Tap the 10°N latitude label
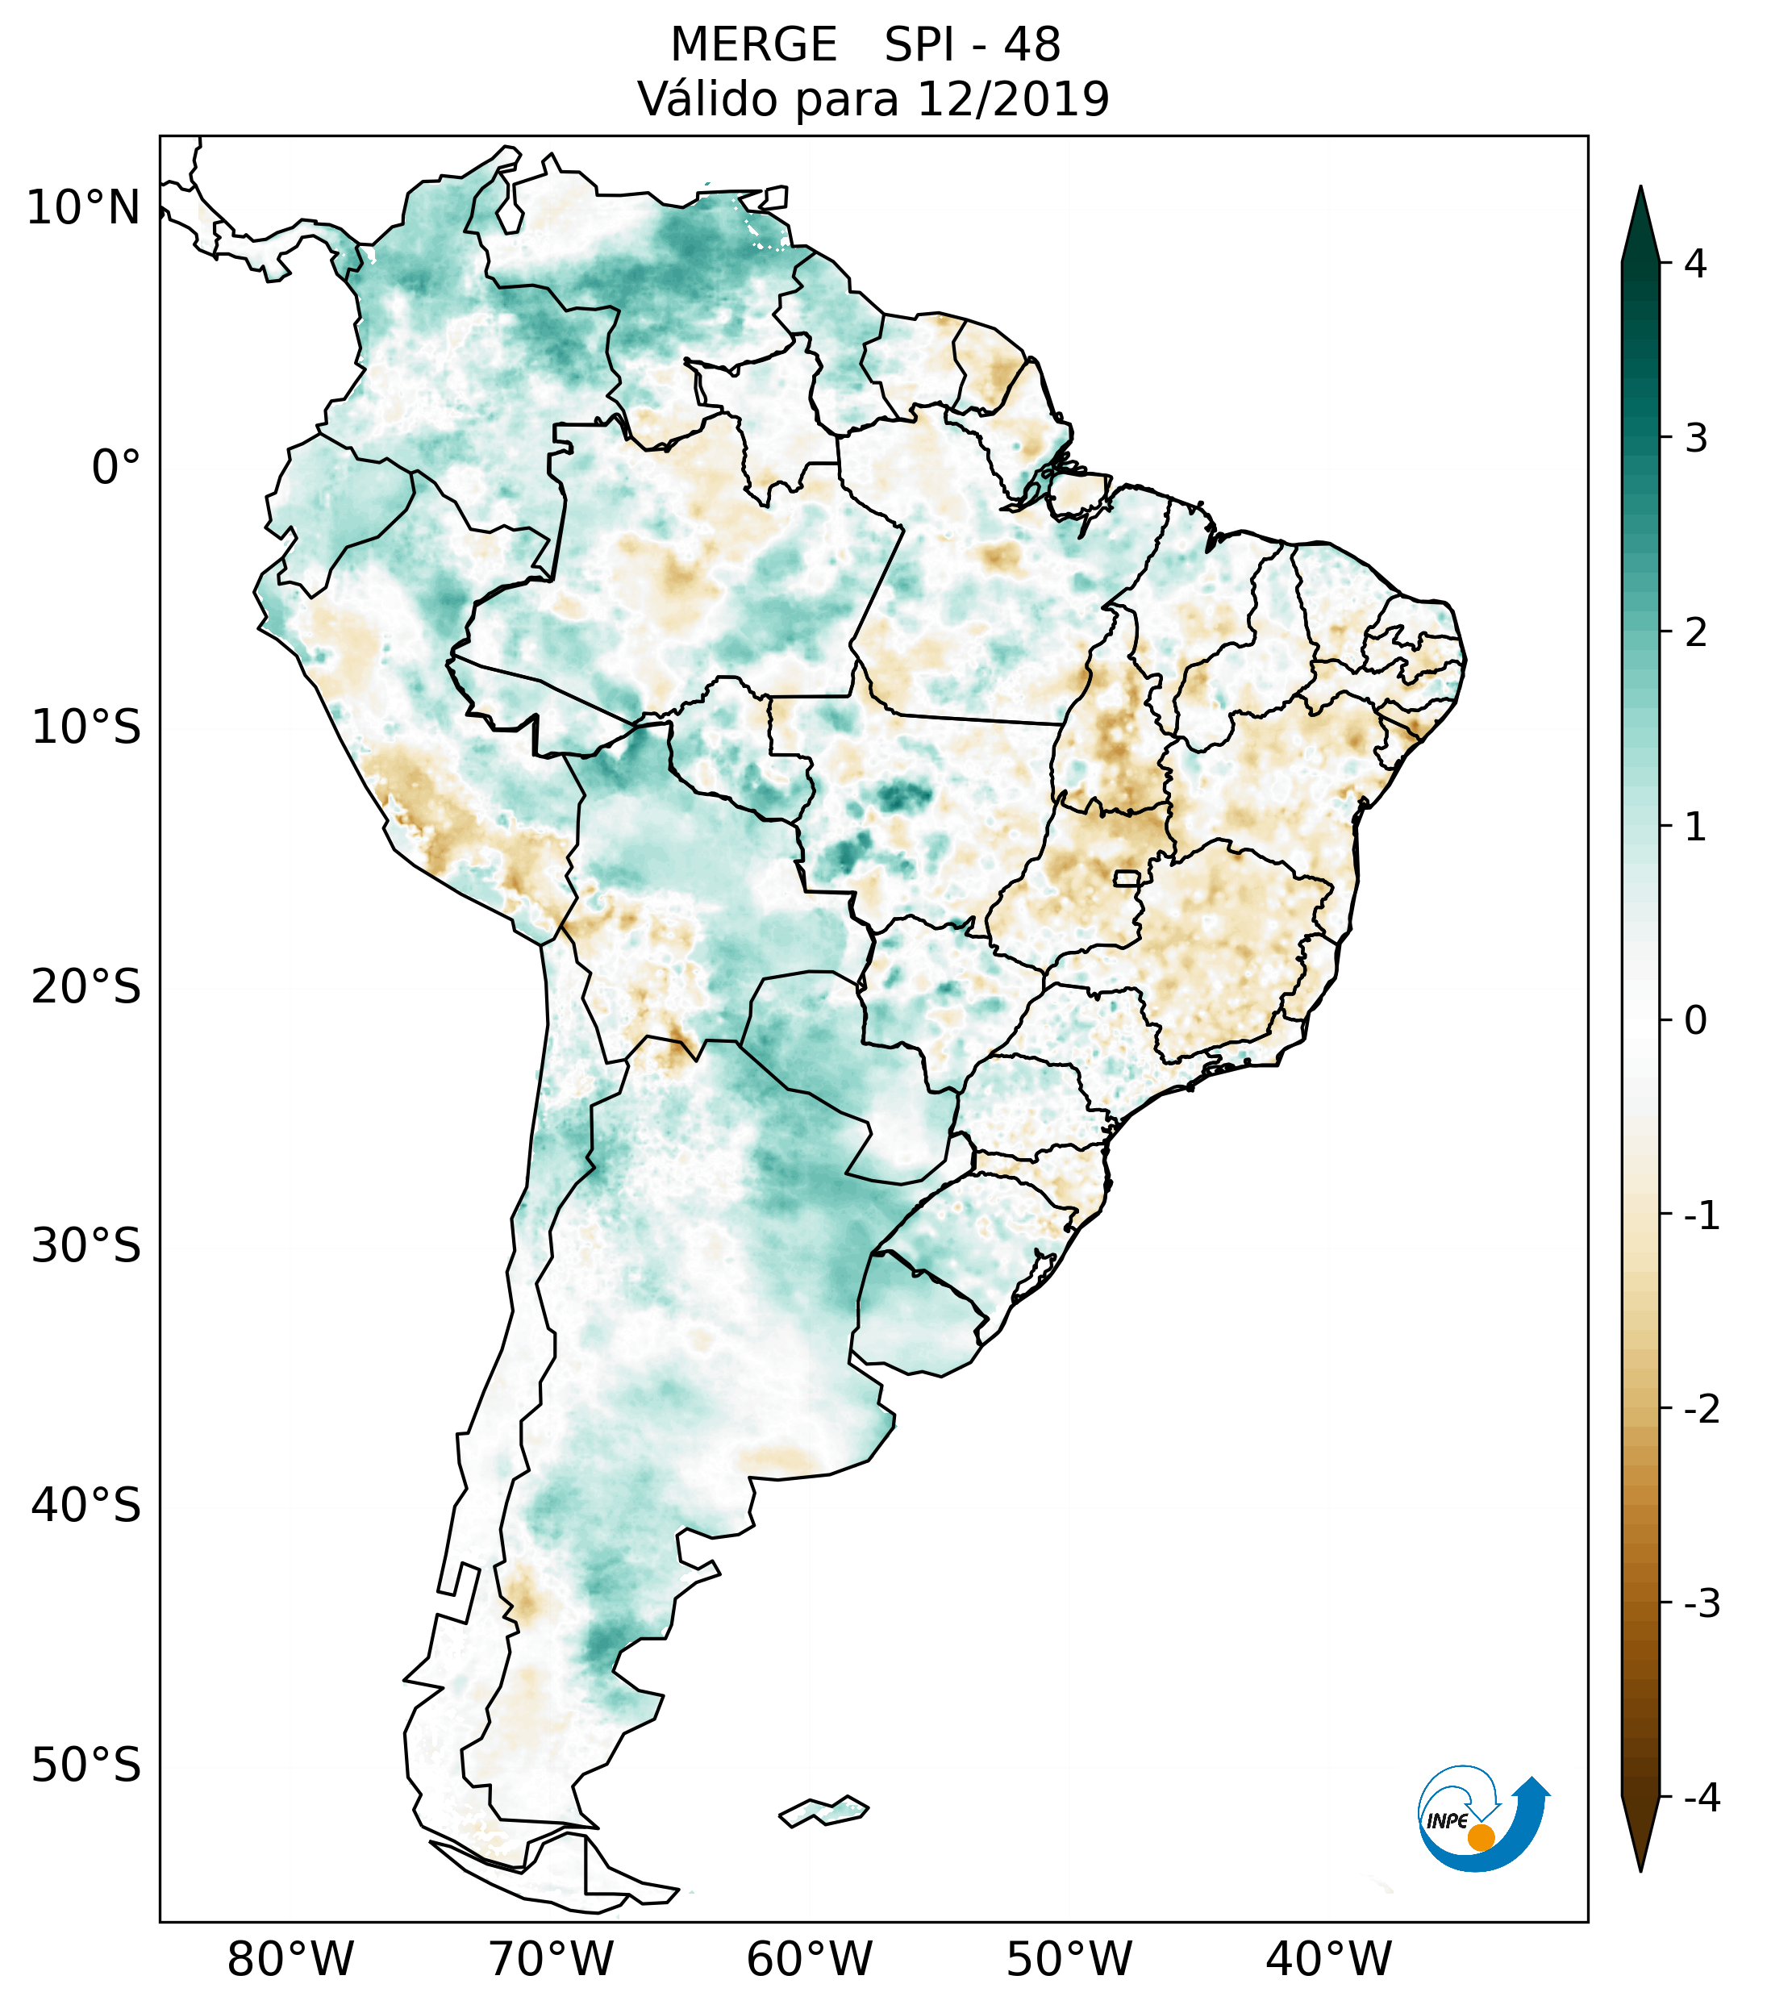tap(84, 208)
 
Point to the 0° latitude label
tap(116, 468)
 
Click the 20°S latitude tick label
tap(86, 987)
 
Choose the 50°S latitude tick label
tap(86, 1766)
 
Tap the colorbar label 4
tap(1695, 264)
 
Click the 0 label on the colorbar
tap(1695, 1021)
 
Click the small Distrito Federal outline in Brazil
tap(1127, 877)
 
